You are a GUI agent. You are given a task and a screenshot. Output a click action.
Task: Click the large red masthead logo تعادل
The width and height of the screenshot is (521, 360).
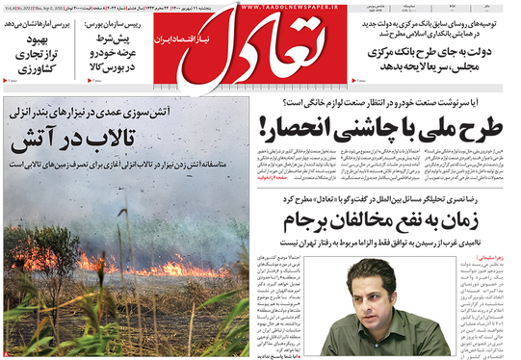pyautogui.click(x=266, y=51)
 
